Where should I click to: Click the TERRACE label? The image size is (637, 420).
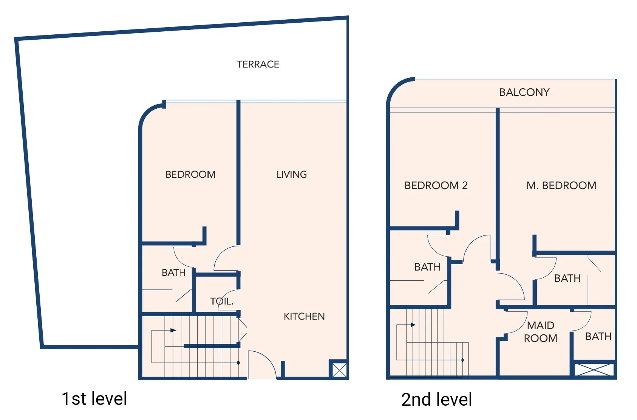click(258, 64)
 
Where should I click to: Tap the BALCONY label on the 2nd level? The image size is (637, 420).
click(524, 92)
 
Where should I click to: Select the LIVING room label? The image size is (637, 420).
click(291, 174)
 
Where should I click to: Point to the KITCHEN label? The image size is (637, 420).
click(304, 316)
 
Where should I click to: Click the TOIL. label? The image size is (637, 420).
click(222, 301)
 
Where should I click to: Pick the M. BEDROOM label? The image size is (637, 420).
click(561, 185)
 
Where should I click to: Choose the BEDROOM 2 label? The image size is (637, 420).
click(436, 185)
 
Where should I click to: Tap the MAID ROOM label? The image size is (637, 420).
click(540, 332)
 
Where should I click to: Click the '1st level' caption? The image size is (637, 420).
click(94, 398)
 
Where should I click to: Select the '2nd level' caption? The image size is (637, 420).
click(436, 399)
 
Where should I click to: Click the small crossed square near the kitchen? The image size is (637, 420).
click(339, 370)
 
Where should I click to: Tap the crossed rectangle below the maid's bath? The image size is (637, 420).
click(594, 369)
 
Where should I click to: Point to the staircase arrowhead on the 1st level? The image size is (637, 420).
click(173, 330)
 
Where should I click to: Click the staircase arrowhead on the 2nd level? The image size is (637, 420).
click(413, 325)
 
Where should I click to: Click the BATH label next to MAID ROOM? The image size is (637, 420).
click(598, 336)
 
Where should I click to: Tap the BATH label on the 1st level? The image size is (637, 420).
click(173, 272)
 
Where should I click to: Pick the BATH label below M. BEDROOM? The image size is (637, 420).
click(567, 278)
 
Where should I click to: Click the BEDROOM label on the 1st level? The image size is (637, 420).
click(190, 174)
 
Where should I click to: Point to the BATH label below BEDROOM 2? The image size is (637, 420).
click(427, 267)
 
